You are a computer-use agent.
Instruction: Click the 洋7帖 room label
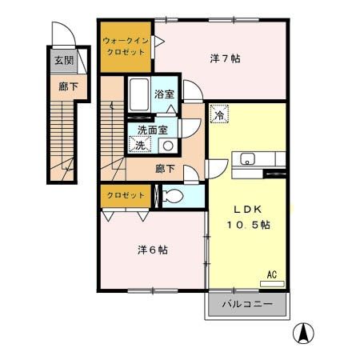click(225, 58)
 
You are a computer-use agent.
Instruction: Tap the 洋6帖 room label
click(151, 250)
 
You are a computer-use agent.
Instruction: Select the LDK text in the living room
click(247, 209)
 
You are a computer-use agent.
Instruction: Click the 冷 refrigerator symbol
click(218, 115)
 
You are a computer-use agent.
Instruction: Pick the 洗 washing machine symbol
click(139, 145)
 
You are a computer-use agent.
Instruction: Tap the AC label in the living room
click(272, 274)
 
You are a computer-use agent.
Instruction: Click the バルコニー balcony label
click(247, 305)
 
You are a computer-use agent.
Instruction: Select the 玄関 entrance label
click(63, 61)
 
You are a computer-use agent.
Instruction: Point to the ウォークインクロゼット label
click(126, 45)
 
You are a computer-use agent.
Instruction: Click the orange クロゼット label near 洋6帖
click(126, 195)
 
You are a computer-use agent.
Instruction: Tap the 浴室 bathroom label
click(164, 94)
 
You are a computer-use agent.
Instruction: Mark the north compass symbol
click(305, 332)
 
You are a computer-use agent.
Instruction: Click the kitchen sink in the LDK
click(246, 157)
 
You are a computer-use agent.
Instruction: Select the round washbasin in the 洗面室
click(167, 145)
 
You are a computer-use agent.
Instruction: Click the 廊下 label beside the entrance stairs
click(63, 86)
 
